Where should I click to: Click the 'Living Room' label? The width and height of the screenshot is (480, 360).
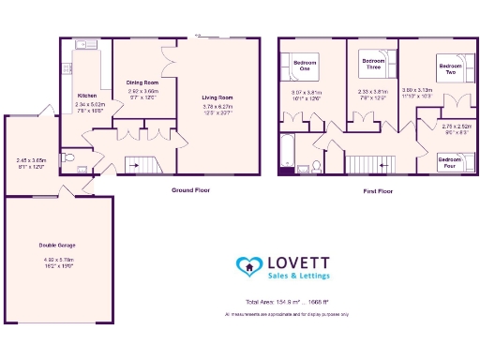tap(217, 97)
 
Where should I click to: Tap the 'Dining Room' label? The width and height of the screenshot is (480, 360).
tap(142, 82)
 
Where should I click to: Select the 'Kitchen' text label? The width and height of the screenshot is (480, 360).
tap(87, 95)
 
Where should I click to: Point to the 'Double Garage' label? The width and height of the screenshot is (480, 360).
tap(58, 246)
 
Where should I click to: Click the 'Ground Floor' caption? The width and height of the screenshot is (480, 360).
tap(190, 190)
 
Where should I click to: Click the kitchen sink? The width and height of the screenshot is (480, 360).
tap(82, 44)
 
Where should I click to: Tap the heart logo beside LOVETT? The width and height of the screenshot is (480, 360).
tap(249, 267)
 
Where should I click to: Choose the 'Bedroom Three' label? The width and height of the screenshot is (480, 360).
tap(373, 65)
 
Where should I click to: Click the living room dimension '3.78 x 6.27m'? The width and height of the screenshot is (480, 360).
tap(217, 107)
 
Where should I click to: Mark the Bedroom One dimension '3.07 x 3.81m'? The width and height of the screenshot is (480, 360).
tap(306, 92)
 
